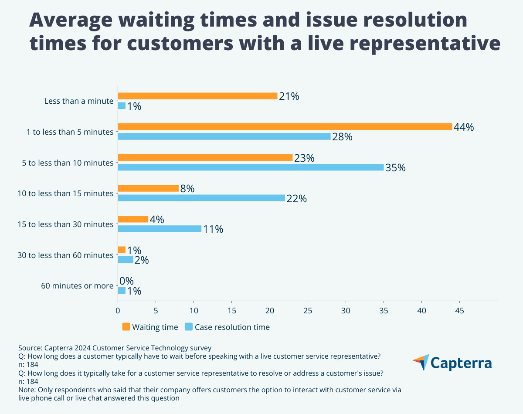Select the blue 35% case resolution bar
click(x=251, y=167)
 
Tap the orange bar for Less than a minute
click(x=197, y=96)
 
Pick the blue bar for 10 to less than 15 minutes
click(x=201, y=198)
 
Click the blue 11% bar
click(x=160, y=229)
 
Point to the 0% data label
click(x=126, y=281)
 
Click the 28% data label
click(x=342, y=137)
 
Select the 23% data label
click(x=304, y=158)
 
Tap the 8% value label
click(x=187, y=189)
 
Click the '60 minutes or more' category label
click(x=77, y=286)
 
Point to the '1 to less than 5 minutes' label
click(x=69, y=132)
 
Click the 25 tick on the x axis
click(x=308, y=311)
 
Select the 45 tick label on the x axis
click(x=459, y=311)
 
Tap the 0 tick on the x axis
click(x=118, y=311)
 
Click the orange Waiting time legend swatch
click(x=126, y=327)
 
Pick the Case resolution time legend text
click(x=232, y=327)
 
